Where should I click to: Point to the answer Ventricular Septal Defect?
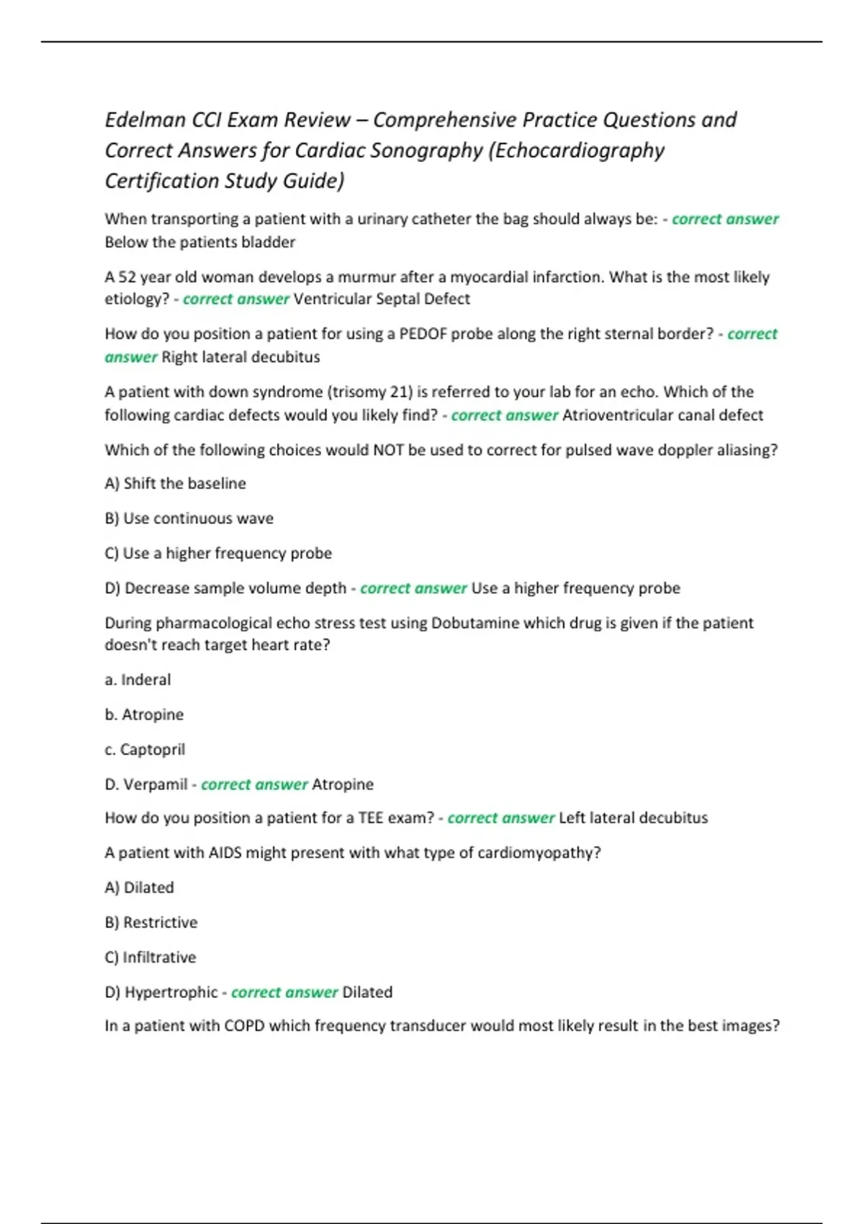(382, 300)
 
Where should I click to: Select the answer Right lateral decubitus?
(240, 357)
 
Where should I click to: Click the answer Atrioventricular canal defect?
(662, 415)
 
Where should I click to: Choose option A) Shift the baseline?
(175, 484)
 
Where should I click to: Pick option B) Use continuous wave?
(189, 519)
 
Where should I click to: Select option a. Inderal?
(138, 680)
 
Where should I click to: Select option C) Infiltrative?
(150, 958)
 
